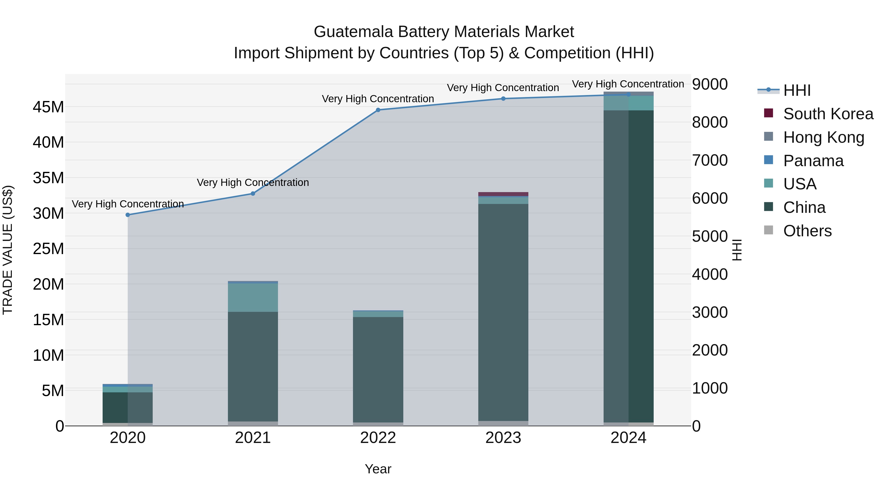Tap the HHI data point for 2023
[x=503, y=99]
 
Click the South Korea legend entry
[x=828, y=114]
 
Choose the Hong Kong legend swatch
[x=768, y=137]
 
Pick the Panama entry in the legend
[x=813, y=161]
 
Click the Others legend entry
[x=807, y=231]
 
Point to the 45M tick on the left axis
[x=48, y=107]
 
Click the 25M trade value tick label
[x=48, y=249]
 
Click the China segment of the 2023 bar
[x=503, y=311]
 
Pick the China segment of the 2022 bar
[x=378, y=369]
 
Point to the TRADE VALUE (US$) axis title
[x=8, y=250]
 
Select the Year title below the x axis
[x=378, y=469]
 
